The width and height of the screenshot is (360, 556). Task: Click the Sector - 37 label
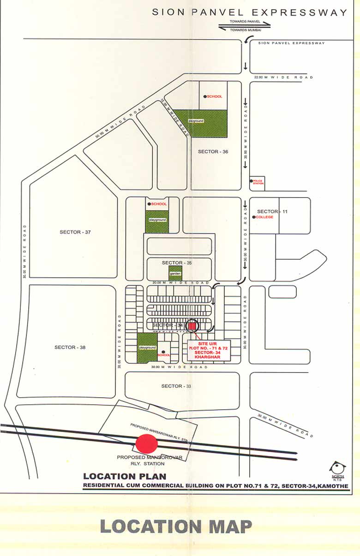(75, 232)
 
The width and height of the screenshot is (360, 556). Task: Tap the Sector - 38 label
(70, 347)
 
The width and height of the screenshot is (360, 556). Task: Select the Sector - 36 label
(213, 151)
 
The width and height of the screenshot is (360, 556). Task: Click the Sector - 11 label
(272, 211)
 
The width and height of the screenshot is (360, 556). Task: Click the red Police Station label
(258, 182)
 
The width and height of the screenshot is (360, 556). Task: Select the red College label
(265, 217)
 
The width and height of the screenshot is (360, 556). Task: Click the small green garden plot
(175, 273)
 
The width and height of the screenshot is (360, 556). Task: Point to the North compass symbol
(338, 468)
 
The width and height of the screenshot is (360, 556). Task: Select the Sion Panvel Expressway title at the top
(249, 12)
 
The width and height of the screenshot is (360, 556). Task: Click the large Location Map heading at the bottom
(176, 526)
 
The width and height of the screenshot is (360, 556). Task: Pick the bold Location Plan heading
(125, 476)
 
